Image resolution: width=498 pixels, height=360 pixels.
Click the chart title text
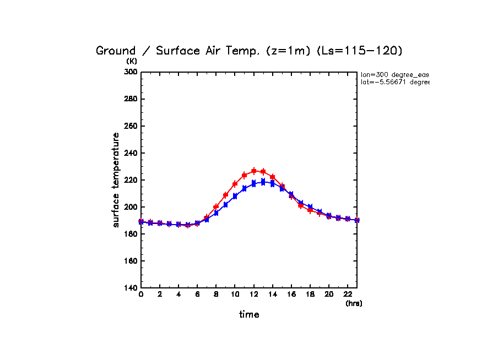pyautogui.click(x=250, y=51)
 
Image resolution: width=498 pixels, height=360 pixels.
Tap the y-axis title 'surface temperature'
pyautogui.click(x=116, y=179)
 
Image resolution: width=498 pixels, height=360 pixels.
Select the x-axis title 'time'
pyautogui.click(x=249, y=314)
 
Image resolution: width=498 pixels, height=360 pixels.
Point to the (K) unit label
pyautogui.click(x=132, y=61)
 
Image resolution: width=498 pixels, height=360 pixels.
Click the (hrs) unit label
pyautogui.click(x=354, y=303)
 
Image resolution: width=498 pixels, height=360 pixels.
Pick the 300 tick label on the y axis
pyautogui.click(x=130, y=72)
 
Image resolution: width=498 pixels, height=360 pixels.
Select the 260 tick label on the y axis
pyautogui.click(x=130, y=126)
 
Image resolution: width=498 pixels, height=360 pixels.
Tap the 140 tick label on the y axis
pyautogui.click(x=130, y=288)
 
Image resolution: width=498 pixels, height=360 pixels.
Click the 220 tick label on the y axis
pyautogui.click(x=130, y=180)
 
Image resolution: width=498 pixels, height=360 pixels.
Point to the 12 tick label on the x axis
pyautogui.click(x=253, y=295)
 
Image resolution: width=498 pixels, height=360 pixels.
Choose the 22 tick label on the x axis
pyautogui.click(x=348, y=295)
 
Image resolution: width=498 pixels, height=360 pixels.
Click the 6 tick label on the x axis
pyautogui.click(x=197, y=295)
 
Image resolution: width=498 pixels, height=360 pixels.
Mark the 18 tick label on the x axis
pyautogui.click(x=310, y=295)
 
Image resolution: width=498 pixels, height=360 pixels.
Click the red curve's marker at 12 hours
pyautogui.click(x=254, y=171)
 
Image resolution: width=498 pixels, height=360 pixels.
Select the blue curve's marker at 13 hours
pyautogui.click(x=263, y=182)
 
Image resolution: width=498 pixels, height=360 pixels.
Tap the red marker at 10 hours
pyautogui.click(x=235, y=184)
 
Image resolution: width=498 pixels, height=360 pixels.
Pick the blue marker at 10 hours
pyautogui.click(x=235, y=196)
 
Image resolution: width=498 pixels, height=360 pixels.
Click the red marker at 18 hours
pyautogui.click(x=310, y=210)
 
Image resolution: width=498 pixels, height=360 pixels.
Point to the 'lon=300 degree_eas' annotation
pyautogui.click(x=394, y=74)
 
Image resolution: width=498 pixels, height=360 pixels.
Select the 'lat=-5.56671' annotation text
pyautogui.click(x=394, y=82)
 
